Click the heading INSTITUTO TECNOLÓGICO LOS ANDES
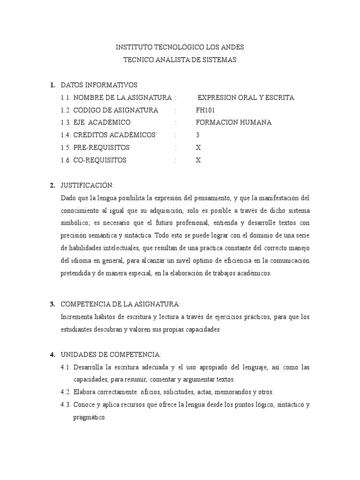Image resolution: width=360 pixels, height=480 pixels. coord(180,47)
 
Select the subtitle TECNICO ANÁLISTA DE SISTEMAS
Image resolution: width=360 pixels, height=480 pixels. coord(180,60)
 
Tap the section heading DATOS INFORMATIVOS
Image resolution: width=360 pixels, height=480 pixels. coord(99,85)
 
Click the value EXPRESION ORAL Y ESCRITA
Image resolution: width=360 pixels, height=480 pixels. coord(246,97)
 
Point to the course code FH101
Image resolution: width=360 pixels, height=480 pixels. coord(205,110)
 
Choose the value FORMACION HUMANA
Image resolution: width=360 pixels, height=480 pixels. coord(233,122)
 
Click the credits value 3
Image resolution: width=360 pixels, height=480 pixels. coord(198,135)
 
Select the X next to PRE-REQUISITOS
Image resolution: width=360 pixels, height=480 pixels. coord(198,147)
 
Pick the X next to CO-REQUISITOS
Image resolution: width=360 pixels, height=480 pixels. coord(198,160)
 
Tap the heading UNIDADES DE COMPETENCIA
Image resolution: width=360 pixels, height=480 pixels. coord(111,354)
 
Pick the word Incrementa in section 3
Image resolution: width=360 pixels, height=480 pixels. coord(77,317)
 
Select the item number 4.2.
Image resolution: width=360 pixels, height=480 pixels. coord(66,391)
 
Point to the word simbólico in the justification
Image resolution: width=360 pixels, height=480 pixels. coord(76,223)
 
